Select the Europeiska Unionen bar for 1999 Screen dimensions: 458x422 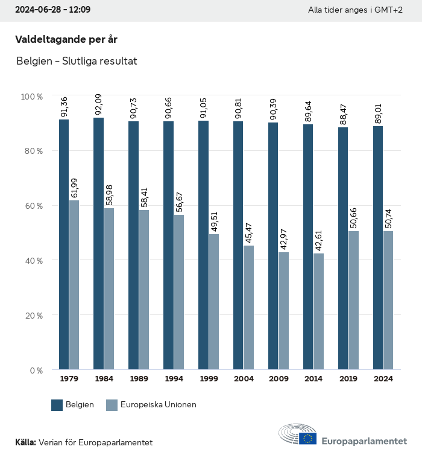pos(214,302)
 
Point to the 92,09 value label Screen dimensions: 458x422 pos(99,106)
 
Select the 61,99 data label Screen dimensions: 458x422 pos(74,188)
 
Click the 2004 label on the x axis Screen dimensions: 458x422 pos(244,379)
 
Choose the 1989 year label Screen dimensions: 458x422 pos(139,379)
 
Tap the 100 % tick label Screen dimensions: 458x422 pos(32,97)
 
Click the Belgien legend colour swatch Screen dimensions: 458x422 pos(57,405)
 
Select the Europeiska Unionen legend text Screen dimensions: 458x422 pos(159,405)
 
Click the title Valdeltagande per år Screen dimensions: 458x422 pos(66,40)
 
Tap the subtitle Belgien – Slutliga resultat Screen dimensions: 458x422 pos(77,61)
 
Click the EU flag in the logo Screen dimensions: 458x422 pos(308,439)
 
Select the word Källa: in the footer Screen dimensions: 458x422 pos(25,442)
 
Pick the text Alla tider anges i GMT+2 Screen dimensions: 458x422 pos(355,10)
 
